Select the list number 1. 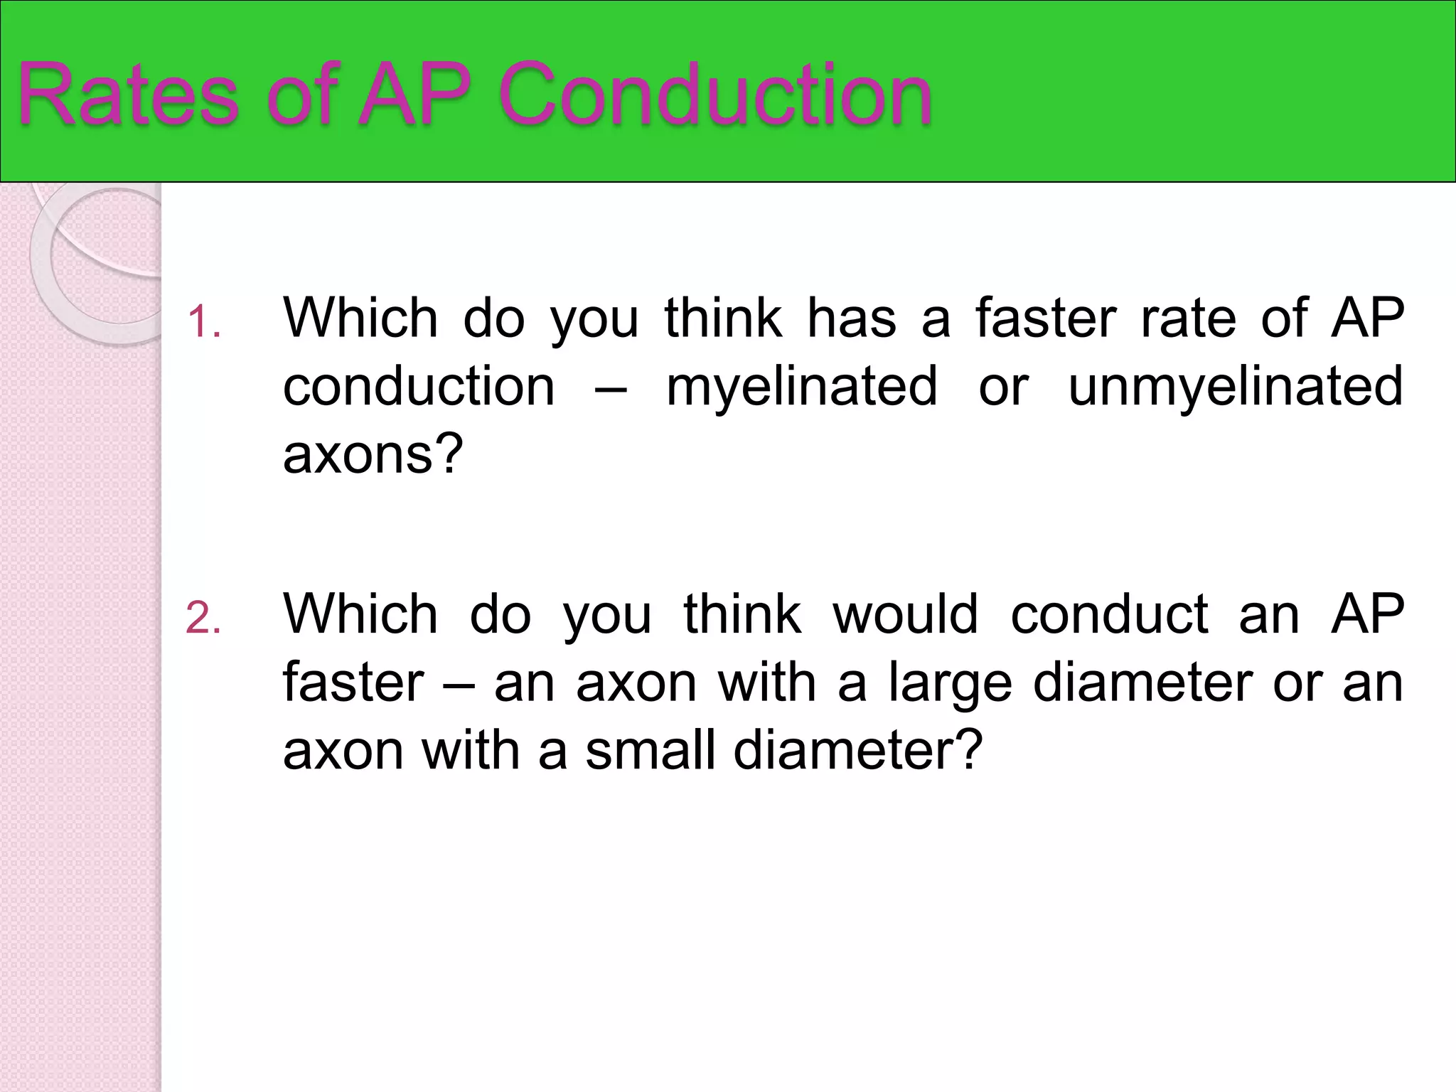point(203,321)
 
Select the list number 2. point(203,617)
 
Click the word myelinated point(801,387)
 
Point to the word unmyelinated point(1236,387)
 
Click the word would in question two point(905,614)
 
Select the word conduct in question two point(1109,614)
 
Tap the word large point(950,684)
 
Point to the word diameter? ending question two point(858,751)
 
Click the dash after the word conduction point(610,390)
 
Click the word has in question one point(852,318)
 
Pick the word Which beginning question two point(360,614)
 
